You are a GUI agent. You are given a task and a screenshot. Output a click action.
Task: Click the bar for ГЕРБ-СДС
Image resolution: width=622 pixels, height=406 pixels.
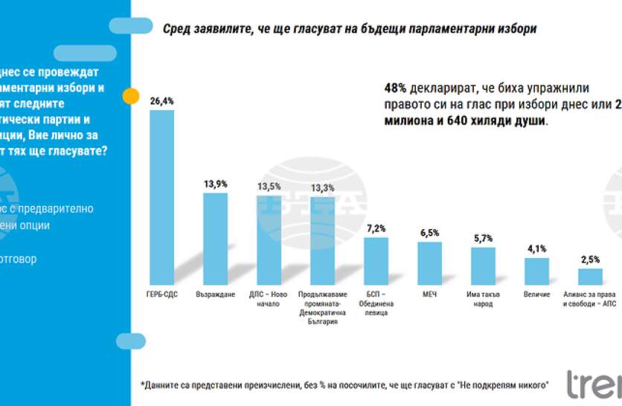tap(162, 198)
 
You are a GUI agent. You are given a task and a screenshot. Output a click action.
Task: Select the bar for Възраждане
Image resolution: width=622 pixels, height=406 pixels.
tap(216, 239)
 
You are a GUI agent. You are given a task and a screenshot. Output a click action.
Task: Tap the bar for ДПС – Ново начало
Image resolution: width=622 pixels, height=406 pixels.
tap(269, 241)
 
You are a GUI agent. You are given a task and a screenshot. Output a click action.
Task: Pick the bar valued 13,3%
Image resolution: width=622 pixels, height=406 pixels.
tap(323, 241)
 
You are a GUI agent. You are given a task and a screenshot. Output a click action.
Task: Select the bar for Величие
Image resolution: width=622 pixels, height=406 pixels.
tap(536, 272)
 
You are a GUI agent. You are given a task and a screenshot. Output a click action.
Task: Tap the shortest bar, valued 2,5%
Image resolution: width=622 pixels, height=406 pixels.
tap(590, 277)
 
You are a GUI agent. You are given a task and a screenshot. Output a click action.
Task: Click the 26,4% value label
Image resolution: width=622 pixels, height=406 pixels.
tap(162, 100)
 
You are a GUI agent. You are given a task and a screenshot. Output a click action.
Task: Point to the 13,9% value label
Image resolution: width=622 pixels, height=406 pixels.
tap(216, 183)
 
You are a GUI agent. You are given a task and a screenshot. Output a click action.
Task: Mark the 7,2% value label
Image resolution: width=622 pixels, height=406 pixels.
tap(376, 228)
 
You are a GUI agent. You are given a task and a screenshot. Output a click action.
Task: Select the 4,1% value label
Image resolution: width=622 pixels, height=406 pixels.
tap(536, 248)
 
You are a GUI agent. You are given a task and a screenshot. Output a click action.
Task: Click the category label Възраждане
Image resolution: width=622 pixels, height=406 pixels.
tap(216, 294)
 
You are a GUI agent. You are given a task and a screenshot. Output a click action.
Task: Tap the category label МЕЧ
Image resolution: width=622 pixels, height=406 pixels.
tap(429, 294)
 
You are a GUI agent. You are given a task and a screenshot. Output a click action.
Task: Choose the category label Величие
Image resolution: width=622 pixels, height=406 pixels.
tap(536, 294)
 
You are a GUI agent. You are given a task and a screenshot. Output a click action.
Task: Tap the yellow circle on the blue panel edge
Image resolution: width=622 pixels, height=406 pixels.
tap(131, 96)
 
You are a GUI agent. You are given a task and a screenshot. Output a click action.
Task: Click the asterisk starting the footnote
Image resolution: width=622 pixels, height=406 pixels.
tap(142, 384)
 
